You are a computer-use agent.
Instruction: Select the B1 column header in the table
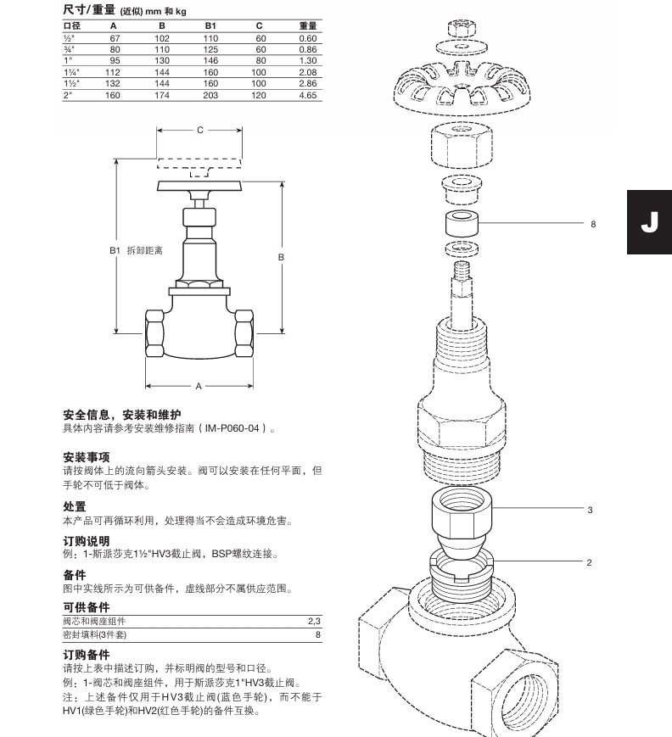coord(210,25)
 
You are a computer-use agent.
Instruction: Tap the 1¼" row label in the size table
coord(70,73)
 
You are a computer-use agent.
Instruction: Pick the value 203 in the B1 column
coord(210,96)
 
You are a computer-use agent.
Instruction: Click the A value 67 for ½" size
coord(114,38)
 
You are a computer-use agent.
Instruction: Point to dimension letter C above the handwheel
coord(199,131)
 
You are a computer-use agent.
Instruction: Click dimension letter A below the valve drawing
coord(199,386)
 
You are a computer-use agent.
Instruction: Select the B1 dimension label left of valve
coord(116,251)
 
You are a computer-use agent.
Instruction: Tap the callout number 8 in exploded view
coord(593,225)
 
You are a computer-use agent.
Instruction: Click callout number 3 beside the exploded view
coord(590,510)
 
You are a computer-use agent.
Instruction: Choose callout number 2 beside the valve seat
coord(589,562)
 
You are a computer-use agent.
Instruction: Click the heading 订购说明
coord(87,540)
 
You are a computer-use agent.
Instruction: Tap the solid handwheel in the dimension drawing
coord(199,187)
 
